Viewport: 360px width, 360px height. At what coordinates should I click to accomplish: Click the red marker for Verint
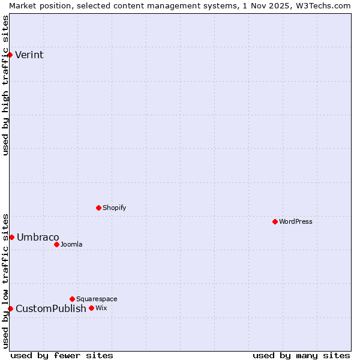tap(10, 55)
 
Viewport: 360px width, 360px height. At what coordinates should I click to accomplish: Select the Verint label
tap(29, 55)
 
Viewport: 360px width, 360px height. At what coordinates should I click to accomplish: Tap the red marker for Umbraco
tap(11, 237)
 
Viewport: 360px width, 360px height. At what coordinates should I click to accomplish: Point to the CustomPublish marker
tap(10, 308)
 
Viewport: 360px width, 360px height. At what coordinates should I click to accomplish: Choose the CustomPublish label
tap(51, 309)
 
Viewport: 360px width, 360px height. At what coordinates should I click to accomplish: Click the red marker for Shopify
tap(98, 208)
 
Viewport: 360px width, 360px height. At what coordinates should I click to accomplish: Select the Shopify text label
tap(114, 208)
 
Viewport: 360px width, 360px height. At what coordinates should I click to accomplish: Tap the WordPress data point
tap(275, 221)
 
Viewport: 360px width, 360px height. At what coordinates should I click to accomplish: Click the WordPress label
tap(296, 222)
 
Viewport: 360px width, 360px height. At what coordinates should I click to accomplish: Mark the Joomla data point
tap(56, 244)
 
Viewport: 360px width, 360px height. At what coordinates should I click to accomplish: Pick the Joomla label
tap(71, 245)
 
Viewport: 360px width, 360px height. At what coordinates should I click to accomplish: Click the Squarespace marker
tap(72, 299)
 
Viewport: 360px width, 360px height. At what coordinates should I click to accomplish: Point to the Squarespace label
tap(97, 299)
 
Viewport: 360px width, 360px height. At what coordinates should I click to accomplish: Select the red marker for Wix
tap(91, 308)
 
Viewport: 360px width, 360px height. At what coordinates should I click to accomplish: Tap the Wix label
tap(101, 308)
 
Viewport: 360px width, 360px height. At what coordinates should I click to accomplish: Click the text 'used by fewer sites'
tap(62, 355)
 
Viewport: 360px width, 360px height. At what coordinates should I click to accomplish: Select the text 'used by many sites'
tap(301, 355)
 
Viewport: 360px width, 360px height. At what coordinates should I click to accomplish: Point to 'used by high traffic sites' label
tap(5, 85)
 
